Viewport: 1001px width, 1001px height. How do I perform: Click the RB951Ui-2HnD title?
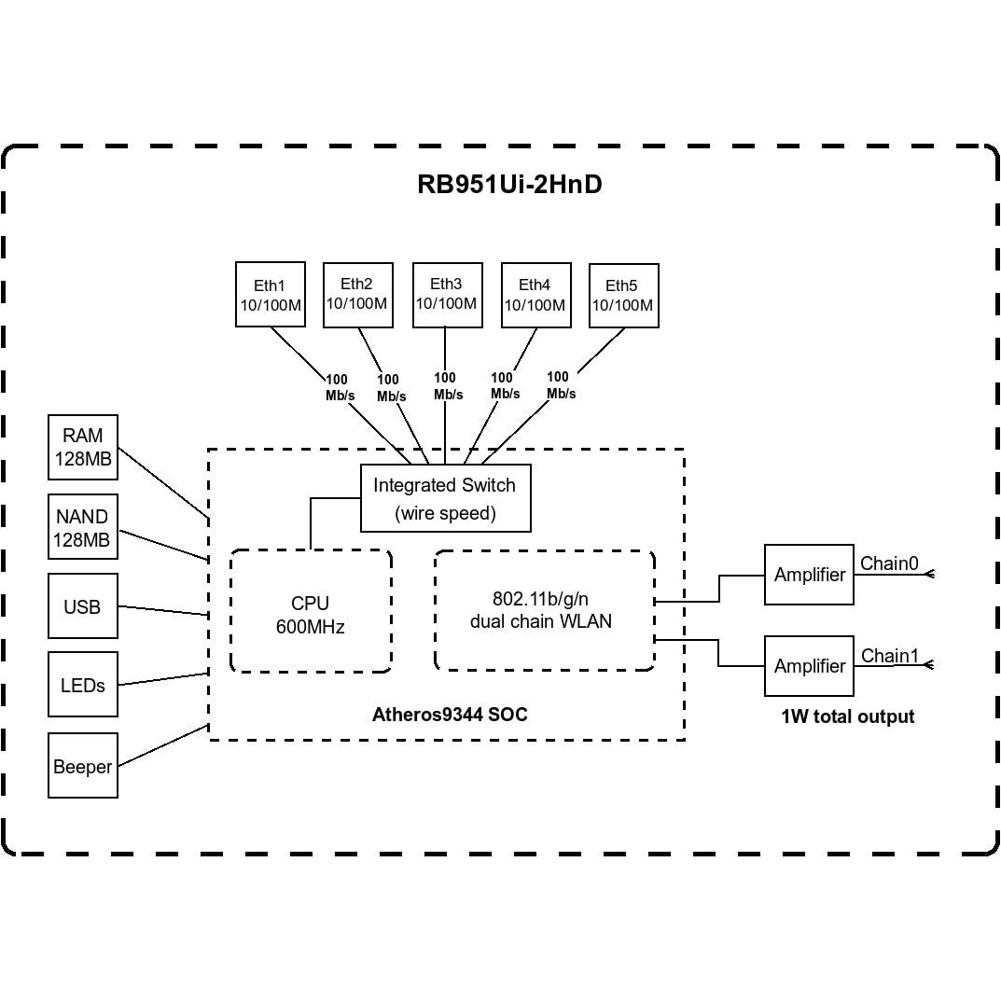(509, 185)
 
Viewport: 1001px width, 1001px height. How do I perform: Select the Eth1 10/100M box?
(270, 295)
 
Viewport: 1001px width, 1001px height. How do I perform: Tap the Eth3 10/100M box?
(446, 294)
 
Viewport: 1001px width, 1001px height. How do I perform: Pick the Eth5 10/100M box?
(623, 296)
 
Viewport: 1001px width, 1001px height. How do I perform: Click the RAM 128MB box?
(83, 447)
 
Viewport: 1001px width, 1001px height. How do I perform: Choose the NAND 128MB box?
(82, 527)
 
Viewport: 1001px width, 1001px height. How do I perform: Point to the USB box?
(82, 606)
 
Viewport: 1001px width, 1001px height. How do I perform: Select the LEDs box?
(82, 685)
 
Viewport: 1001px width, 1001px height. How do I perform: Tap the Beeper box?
(82, 767)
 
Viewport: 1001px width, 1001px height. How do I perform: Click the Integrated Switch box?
(445, 498)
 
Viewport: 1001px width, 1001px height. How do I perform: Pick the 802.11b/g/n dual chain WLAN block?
(544, 610)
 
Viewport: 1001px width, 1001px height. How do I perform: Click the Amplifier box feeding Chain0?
(809, 575)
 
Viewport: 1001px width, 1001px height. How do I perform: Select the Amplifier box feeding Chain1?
(809, 666)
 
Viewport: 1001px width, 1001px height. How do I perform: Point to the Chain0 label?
(889, 563)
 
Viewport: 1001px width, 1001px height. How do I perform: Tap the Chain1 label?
(889, 656)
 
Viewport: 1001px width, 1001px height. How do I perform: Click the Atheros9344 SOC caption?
(450, 716)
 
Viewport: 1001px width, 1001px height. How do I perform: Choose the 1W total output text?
(847, 716)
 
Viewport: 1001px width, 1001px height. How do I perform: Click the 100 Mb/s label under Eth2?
(391, 387)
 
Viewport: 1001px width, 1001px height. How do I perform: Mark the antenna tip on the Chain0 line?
(929, 575)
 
